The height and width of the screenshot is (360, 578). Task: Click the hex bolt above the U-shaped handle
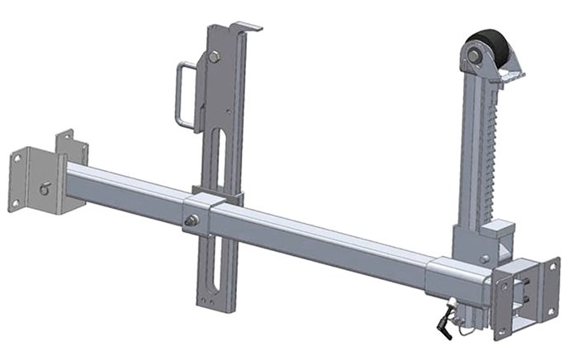pos(213,57)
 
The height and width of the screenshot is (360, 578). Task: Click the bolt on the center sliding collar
pos(192,220)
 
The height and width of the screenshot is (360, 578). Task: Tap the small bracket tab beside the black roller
pos(513,77)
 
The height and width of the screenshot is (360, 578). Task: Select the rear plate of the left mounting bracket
pos(73,153)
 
